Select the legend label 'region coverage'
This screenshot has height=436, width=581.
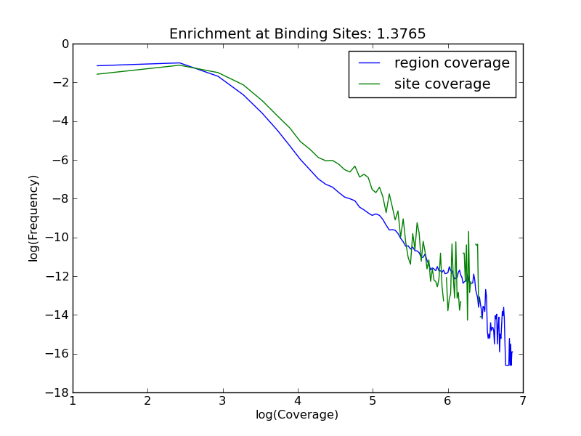(x=452, y=63)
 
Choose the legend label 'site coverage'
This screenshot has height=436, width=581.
(x=442, y=84)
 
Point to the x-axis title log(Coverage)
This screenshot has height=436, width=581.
(x=297, y=415)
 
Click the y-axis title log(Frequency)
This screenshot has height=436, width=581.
(x=33, y=218)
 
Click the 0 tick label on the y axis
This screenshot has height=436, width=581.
(x=65, y=44)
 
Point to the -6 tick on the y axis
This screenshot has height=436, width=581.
(x=62, y=160)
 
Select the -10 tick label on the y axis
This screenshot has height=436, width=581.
(x=59, y=238)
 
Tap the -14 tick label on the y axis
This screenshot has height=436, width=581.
(x=59, y=315)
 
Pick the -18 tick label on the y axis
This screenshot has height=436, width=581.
(x=59, y=392)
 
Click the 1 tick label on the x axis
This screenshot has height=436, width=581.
(x=73, y=401)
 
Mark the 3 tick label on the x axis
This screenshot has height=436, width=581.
(x=223, y=401)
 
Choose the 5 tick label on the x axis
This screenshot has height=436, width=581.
(x=373, y=401)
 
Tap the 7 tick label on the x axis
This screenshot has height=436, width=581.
(x=523, y=401)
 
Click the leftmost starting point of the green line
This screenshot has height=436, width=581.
(x=97, y=74)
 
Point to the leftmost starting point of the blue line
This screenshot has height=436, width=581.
(x=97, y=65)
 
